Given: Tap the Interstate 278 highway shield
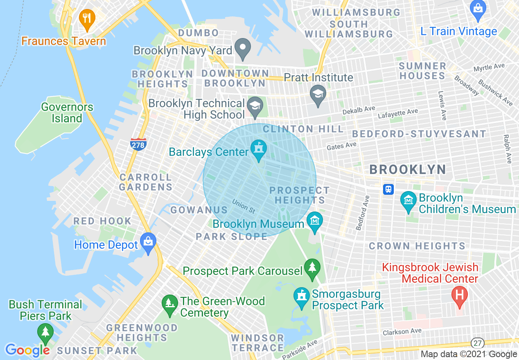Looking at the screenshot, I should (138, 144).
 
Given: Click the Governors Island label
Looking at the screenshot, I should (67, 113).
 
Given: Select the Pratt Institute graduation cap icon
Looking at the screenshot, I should (318, 94).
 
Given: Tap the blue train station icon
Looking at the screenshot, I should (388, 189).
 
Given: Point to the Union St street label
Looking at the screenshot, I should (243, 206).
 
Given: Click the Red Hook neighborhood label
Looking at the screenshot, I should (102, 221).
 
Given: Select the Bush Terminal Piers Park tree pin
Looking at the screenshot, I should (45, 333).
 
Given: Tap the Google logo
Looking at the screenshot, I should (27, 350).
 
